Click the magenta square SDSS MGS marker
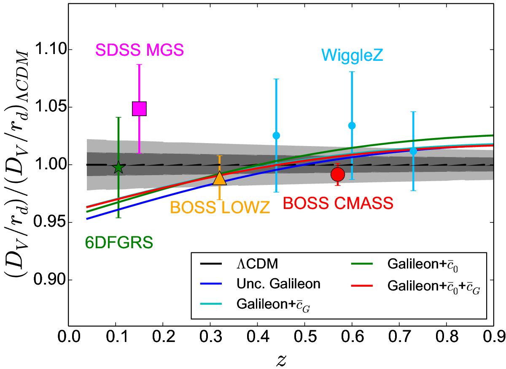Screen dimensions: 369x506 pos(139,109)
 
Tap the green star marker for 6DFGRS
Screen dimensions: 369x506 pos(118,168)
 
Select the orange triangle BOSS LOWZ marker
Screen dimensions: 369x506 pos(220,179)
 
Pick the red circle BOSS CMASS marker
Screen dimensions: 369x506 pos(338,174)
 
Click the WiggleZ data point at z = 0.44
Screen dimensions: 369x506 pos(276,136)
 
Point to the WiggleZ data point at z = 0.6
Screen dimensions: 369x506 pos(352,125)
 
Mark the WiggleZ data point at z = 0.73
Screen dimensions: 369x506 pos(413,150)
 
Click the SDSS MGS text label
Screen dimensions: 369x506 pos(139,51)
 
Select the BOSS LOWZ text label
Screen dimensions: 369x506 pos(220,208)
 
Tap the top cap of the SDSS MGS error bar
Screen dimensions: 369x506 pos(139,65)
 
